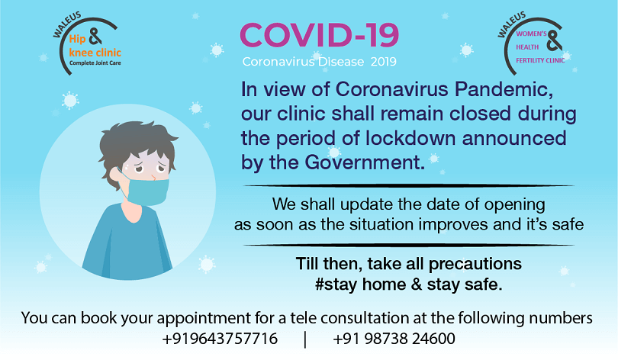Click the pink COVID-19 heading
tap(319, 35)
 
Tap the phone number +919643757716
tap(220, 339)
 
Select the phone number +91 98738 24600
tap(394, 339)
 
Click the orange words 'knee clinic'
tap(95, 53)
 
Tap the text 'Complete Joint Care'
tap(95, 63)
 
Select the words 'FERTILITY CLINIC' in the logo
tap(540, 60)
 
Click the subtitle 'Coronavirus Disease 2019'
tap(319, 62)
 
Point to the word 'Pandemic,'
tap(504, 89)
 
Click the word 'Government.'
tap(365, 162)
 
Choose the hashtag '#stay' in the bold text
tap(336, 284)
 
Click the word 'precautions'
tap(475, 265)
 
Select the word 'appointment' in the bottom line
tap(204, 318)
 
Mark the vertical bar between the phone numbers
tap(305, 339)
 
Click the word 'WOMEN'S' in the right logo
tap(531, 34)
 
